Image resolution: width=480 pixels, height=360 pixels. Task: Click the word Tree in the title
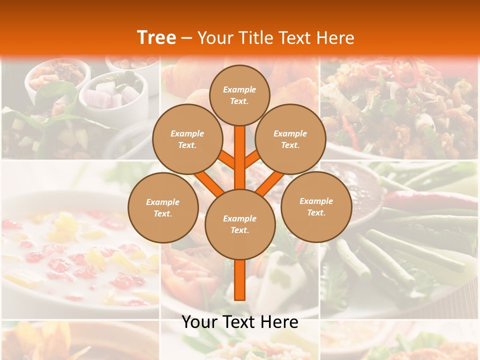point(156,37)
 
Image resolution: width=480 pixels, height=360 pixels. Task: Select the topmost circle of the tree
point(239,95)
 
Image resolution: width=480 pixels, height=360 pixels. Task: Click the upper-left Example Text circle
point(187,139)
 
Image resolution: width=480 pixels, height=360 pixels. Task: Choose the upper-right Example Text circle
point(290,139)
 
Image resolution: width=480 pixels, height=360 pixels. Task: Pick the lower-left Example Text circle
point(162,207)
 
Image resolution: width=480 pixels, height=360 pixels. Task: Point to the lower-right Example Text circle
point(316,206)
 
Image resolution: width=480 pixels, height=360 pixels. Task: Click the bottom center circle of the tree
point(239,224)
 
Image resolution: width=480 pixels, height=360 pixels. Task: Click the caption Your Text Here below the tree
point(239,322)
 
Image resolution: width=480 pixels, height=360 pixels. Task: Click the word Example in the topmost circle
point(239,89)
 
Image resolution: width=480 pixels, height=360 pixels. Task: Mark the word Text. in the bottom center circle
point(239,230)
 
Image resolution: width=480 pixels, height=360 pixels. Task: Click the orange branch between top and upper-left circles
point(226,159)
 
